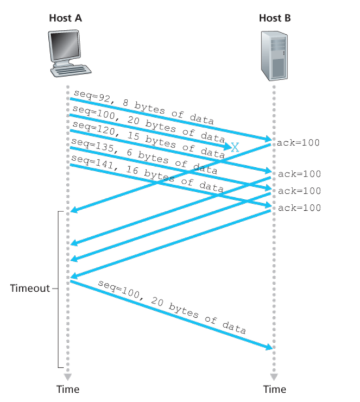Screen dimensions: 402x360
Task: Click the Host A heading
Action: point(66,18)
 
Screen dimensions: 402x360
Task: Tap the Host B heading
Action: point(275,18)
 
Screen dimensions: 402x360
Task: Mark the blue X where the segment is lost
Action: point(235,147)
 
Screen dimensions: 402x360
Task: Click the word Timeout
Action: point(30,288)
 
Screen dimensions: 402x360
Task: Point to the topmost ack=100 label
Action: point(298,143)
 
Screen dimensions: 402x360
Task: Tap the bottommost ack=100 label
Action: point(299,208)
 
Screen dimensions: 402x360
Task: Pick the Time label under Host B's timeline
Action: point(274,389)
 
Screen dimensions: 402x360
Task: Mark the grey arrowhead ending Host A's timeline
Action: point(67,376)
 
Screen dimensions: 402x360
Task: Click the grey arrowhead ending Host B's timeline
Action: point(274,376)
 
